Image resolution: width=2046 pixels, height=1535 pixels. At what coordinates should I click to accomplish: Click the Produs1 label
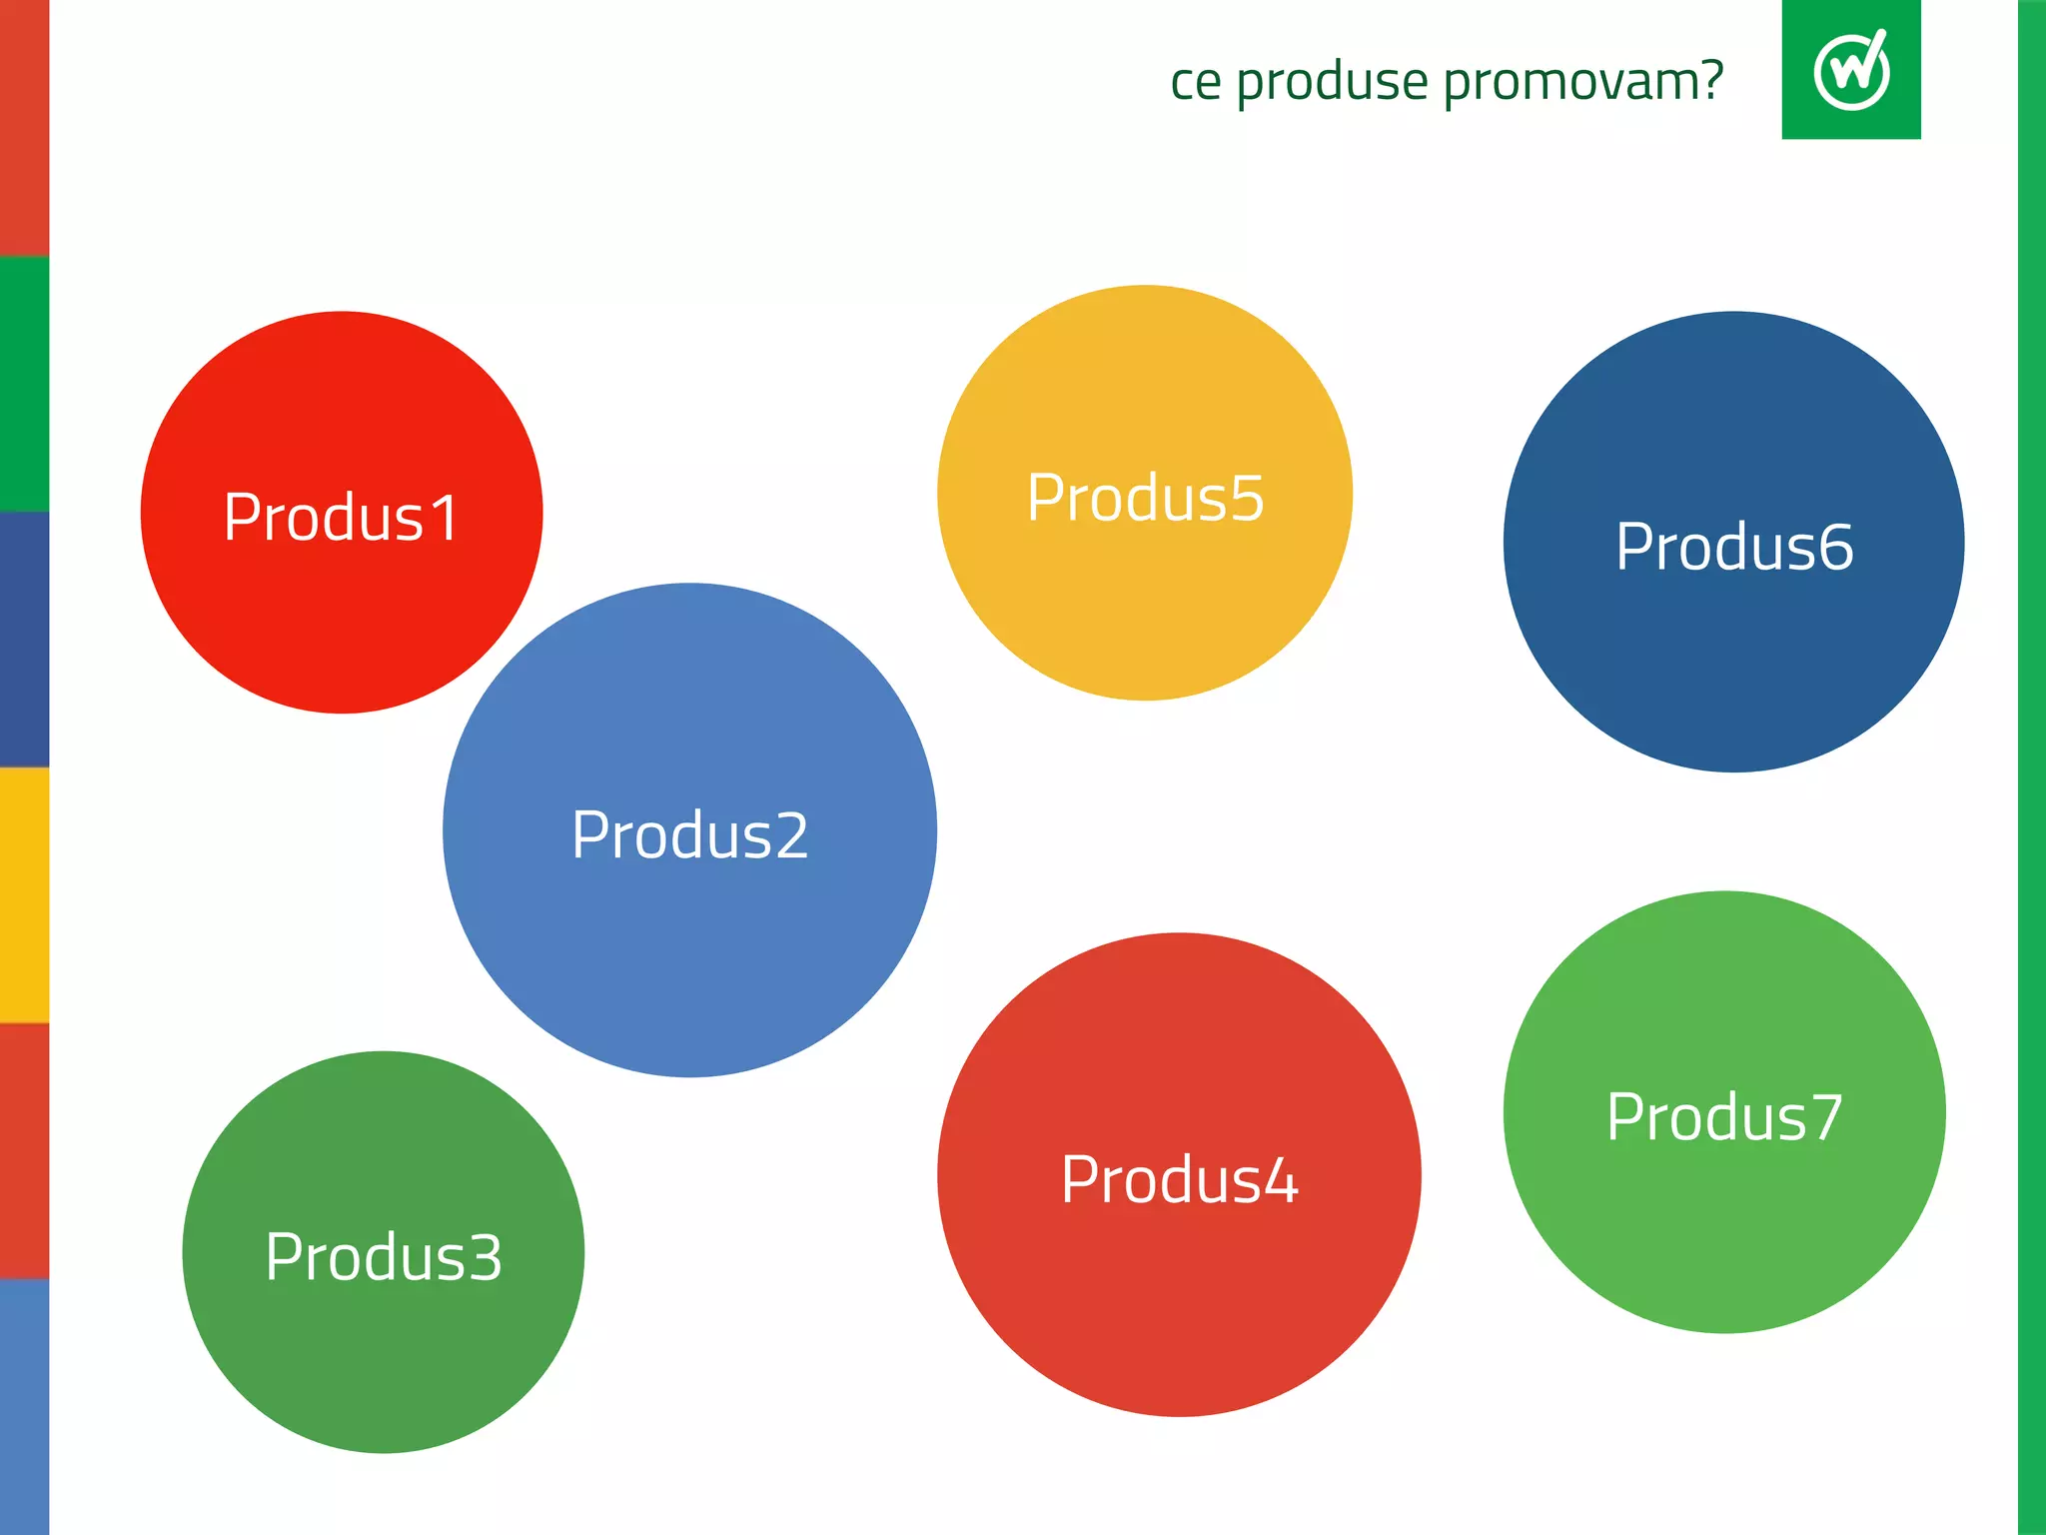pyautogui.click(x=341, y=518)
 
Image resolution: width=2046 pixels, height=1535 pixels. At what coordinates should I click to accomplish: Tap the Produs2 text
pyautogui.click(x=689, y=835)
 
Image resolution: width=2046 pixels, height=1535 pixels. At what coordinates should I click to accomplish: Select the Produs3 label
pyautogui.click(x=384, y=1256)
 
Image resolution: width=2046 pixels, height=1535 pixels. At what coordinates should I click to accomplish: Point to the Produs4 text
pyautogui.click(x=1179, y=1180)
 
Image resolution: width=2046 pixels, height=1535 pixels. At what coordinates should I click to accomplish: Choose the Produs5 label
pyautogui.click(x=1145, y=498)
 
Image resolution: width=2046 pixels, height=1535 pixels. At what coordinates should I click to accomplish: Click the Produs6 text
pyautogui.click(x=1734, y=547)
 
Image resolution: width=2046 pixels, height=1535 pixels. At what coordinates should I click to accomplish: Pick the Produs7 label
pyautogui.click(x=1724, y=1116)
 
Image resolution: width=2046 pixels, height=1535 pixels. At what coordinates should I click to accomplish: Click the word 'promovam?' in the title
pyautogui.click(x=1583, y=82)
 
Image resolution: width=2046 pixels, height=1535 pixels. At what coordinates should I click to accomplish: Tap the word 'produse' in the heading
pyautogui.click(x=1332, y=82)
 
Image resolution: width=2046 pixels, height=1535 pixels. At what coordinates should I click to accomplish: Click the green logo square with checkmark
pyautogui.click(x=1850, y=69)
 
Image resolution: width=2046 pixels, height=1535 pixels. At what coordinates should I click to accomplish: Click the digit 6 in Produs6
pyautogui.click(x=1835, y=547)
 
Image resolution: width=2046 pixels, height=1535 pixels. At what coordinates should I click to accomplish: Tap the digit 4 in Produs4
pyautogui.click(x=1280, y=1180)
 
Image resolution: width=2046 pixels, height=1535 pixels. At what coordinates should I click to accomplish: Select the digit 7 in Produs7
pyautogui.click(x=1825, y=1116)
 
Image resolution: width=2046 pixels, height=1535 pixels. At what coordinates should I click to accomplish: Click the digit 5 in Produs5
pyautogui.click(x=1246, y=498)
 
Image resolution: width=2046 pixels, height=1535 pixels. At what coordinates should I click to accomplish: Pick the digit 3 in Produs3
pyautogui.click(x=485, y=1256)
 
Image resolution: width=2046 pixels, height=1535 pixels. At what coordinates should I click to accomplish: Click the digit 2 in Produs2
pyautogui.click(x=790, y=835)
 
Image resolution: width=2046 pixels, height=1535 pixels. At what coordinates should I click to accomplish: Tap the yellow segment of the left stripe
pyautogui.click(x=24, y=895)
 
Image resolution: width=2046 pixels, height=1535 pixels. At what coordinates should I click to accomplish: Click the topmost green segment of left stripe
pyautogui.click(x=24, y=384)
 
